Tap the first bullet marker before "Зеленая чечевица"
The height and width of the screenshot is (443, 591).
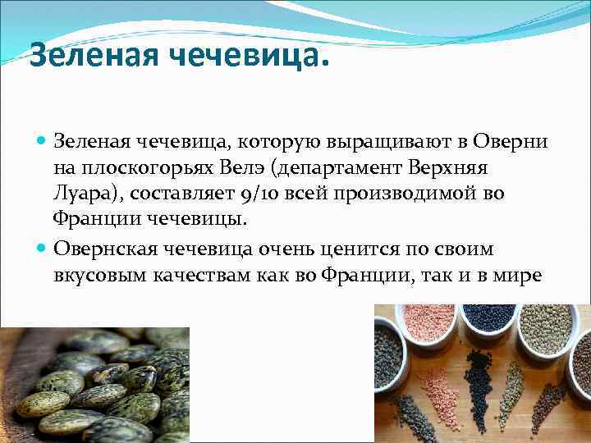point(42,141)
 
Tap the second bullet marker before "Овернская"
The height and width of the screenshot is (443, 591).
point(42,249)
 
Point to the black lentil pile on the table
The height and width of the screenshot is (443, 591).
point(476,386)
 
